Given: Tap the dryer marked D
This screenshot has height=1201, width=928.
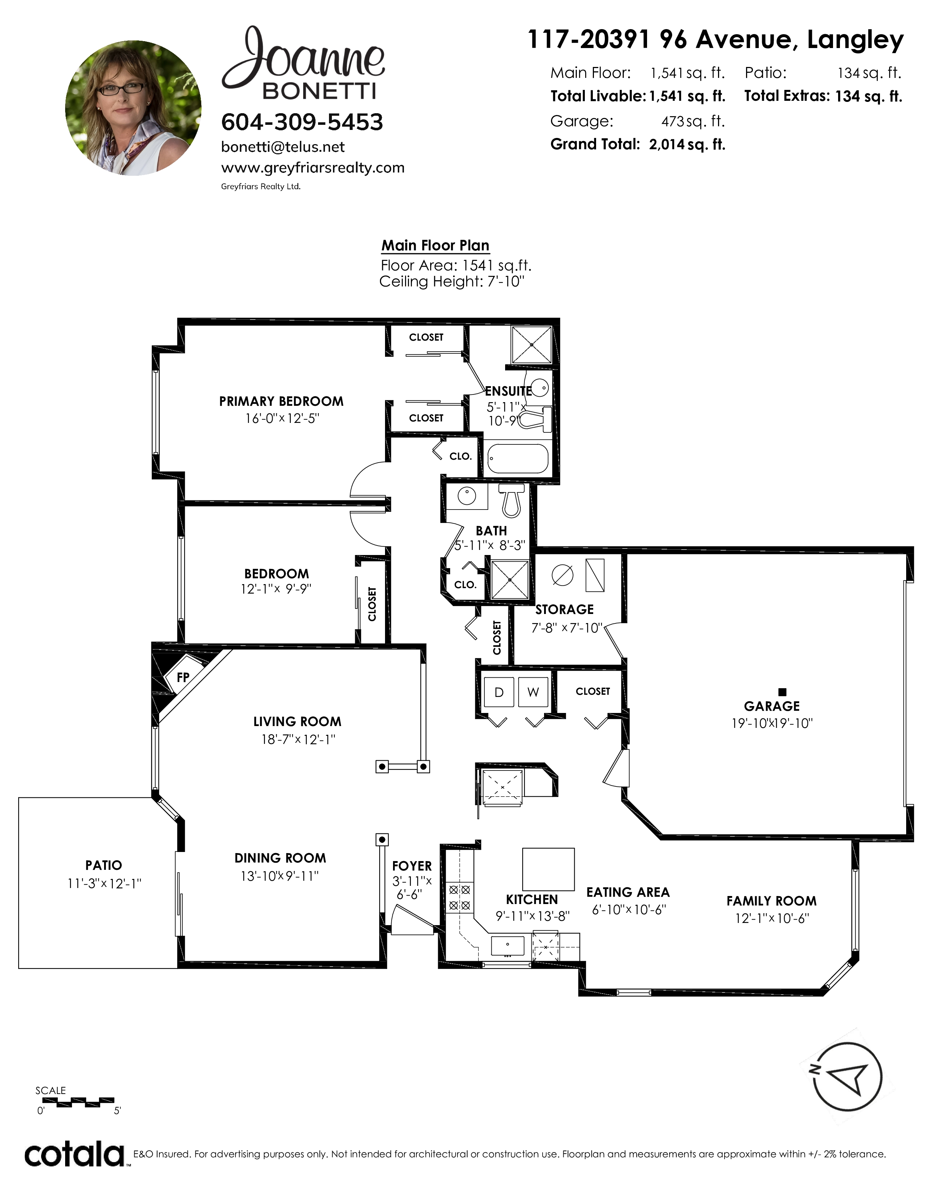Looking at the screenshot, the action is [499, 692].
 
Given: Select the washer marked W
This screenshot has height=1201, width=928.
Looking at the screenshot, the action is [533, 692].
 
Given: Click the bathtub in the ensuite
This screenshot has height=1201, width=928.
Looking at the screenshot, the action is [518, 459].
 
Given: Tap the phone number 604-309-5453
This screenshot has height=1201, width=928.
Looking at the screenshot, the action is [302, 122].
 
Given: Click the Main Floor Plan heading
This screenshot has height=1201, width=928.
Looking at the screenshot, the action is [435, 245].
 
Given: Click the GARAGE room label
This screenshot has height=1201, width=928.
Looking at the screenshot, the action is [772, 706].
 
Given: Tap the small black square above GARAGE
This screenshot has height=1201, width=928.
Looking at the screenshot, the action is [783, 692].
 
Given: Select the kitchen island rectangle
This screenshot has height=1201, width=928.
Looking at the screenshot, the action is [548, 869].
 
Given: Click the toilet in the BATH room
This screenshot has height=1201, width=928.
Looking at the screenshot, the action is [511, 500].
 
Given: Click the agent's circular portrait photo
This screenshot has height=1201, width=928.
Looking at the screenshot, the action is [133, 108].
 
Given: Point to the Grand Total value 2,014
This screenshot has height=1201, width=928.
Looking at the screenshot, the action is [666, 144].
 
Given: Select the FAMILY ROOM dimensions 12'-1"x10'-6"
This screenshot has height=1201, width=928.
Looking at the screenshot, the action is [772, 918].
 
